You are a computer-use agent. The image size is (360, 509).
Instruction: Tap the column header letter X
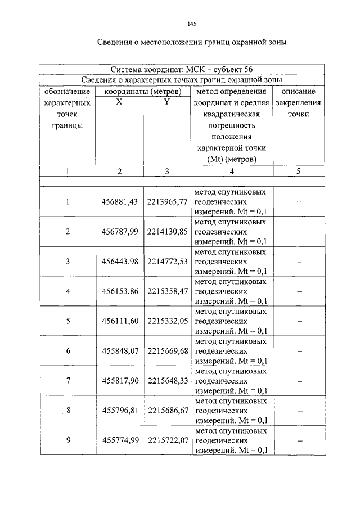tap(119, 102)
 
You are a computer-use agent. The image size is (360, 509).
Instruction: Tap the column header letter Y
tap(166, 102)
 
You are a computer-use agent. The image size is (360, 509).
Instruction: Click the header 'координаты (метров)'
tap(142, 91)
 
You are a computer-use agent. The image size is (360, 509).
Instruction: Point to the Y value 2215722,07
tap(167, 440)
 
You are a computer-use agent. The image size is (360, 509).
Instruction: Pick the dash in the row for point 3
tap(299, 262)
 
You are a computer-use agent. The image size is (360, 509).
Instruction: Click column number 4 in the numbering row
tap(231, 172)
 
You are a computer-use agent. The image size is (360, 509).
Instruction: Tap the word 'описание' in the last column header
tap(299, 91)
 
